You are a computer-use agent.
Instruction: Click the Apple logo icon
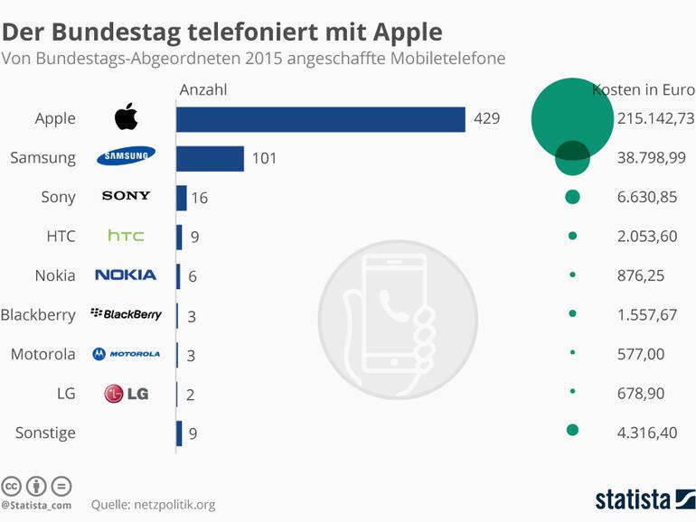(126, 117)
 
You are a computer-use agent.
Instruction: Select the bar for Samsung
(210, 158)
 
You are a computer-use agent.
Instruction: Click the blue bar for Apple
(320, 119)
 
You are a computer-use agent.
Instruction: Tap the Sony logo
(126, 196)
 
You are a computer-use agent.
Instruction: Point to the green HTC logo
(126, 236)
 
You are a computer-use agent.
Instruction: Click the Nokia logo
(126, 275)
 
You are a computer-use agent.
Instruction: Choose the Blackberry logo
(126, 314)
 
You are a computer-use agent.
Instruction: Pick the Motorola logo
(126, 353)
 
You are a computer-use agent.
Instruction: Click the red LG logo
(126, 393)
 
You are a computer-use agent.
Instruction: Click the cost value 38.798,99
(651, 158)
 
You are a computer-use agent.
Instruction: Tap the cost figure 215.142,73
(655, 118)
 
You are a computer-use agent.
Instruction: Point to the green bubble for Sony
(572, 197)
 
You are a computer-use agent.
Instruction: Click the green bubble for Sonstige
(572, 430)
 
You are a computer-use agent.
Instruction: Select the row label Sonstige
(45, 433)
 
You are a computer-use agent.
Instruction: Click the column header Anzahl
(203, 89)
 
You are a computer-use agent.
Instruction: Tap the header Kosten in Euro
(643, 89)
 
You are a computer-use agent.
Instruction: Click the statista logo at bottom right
(644, 499)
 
